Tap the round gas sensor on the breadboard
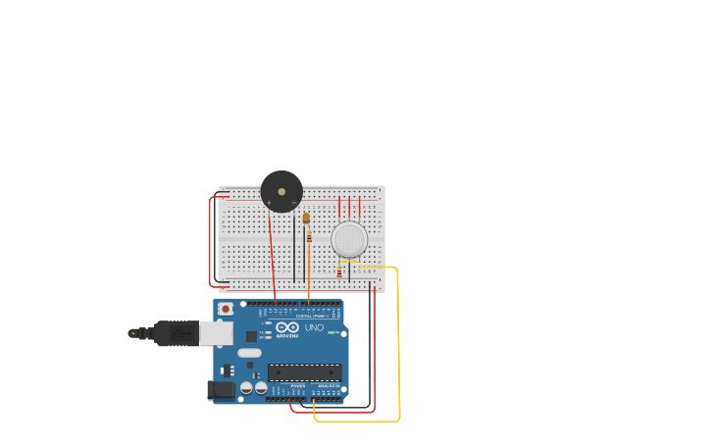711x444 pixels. (349, 239)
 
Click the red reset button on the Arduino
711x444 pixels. (227, 309)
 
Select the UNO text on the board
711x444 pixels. (314, 328)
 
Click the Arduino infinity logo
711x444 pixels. (286, 328)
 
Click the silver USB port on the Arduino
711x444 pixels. (216, 333)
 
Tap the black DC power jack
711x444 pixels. (223, 390)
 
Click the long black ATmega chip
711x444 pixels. (305, 371)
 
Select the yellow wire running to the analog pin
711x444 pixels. (397, 343)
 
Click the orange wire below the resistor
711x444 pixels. (309, 274)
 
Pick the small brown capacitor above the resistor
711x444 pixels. (306, 218)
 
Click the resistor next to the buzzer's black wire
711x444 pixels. (310, 236)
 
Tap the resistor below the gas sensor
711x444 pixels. (339, 271)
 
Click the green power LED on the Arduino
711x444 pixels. (333, 333)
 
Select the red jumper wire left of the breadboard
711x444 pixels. (211, 240)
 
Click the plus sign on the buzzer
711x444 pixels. (269, 203)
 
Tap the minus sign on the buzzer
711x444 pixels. (293, 203)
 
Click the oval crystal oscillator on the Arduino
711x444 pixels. (249, 353)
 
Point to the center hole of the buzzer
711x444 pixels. (281, 191)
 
